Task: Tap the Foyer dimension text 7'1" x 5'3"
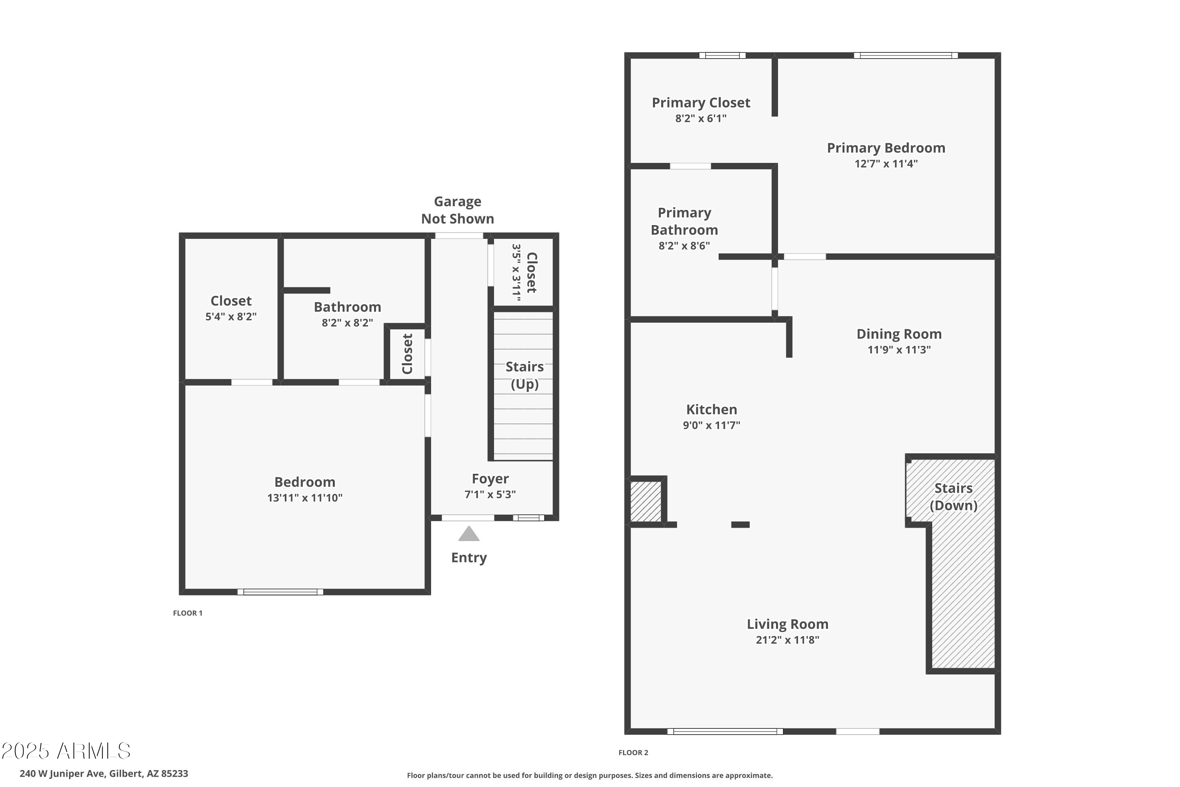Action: tap(490, 494)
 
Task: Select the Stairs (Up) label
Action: tap(524, 375)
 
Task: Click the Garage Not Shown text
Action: tap(457, 210)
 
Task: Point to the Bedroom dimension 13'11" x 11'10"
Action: tap(304, 498)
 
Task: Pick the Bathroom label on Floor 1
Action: tap(347, 307)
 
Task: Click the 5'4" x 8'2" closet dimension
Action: tap(231, 317)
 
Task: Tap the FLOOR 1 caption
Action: tap(188, 613)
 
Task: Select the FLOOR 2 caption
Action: tap(633, 752)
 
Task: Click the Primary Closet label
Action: tap(701, 103)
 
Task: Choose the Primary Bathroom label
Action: tap(684, 221)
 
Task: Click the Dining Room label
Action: tap(898, 334)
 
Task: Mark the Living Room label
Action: tap(787, 624)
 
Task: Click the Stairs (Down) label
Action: tap(953, 497)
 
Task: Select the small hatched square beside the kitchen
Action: tap(646, 501)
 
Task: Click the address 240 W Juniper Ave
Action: tap(104, 774)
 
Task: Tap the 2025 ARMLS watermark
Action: tap(66, 751)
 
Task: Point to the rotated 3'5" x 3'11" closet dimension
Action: tap(516, 273)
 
